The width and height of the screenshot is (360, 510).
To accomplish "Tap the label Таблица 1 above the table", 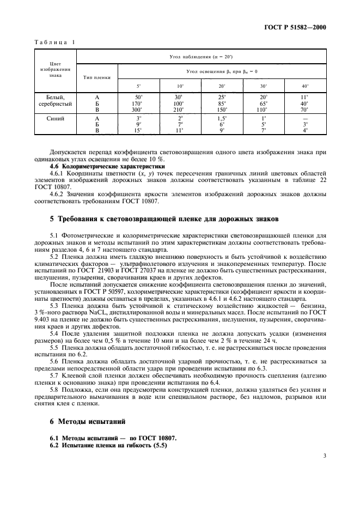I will pos(54,42).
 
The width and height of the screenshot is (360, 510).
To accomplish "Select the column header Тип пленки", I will pos(97,77).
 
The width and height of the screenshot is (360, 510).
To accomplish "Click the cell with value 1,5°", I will pos(222,118).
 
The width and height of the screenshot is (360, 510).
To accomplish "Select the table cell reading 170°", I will pos(138,103).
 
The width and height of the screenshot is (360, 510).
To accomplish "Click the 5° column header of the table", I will pos(138,86).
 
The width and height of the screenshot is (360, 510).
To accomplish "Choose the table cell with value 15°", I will pos(138,131).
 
